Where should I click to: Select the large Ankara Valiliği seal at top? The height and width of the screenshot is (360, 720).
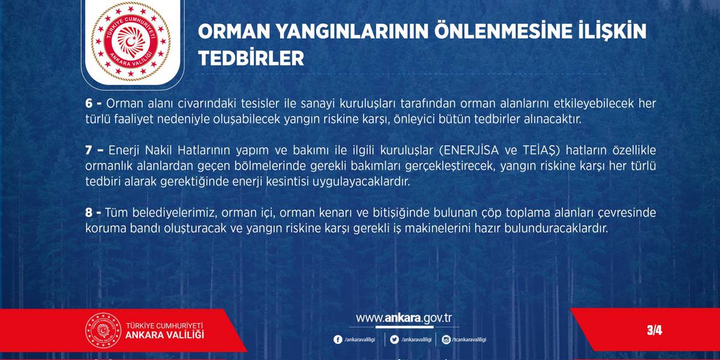131,41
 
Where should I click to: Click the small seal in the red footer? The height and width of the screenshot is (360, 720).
103,331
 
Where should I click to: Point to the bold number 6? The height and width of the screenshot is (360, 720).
89,103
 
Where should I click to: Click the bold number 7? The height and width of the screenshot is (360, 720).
89,150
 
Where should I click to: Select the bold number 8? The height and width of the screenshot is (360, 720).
89,212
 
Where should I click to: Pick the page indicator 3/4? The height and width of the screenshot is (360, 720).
655,330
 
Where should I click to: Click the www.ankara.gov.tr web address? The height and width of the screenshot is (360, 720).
404,318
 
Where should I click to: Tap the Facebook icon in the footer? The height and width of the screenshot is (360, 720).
337,340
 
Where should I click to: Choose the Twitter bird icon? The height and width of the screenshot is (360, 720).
394,340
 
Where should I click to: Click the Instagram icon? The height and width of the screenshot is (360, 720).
446,340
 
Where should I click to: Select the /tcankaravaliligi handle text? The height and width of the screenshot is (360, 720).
469,340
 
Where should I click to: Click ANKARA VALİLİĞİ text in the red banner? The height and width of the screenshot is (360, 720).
164,335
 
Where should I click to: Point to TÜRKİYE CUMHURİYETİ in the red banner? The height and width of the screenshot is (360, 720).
164,325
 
